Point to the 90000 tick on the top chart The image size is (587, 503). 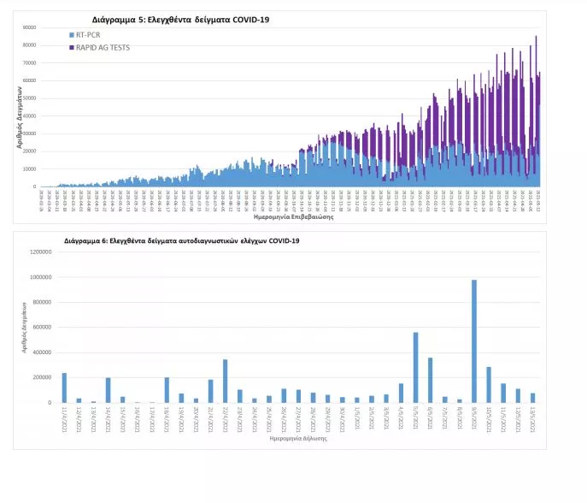point(30,27)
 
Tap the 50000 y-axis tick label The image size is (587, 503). point(30,98)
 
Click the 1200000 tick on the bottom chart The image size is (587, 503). point(42,252)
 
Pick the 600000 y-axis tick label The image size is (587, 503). point(44,328)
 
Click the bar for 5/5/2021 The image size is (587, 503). point(415,367)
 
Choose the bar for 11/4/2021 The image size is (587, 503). point(64,388)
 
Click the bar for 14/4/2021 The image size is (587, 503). point(109,390)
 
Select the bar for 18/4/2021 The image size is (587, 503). point(167,390)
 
